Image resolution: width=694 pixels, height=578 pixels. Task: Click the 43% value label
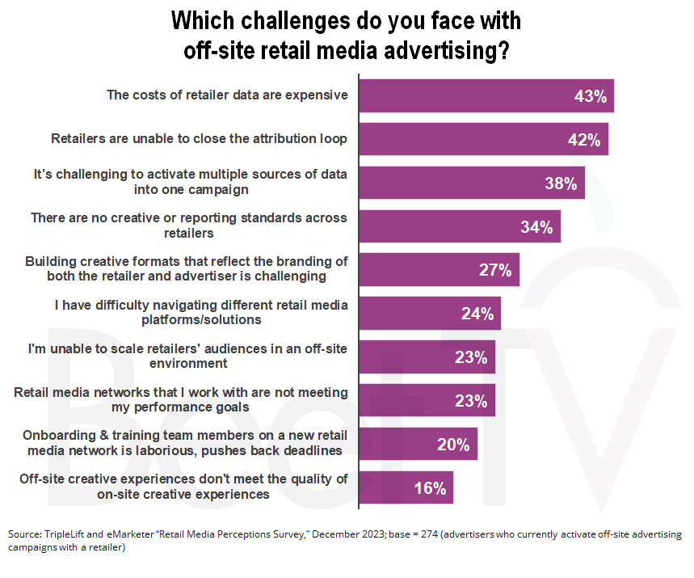pyautogui.click(x=590, y=96)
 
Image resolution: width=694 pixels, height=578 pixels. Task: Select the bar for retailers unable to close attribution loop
pyautogui.click(x=483, y=139)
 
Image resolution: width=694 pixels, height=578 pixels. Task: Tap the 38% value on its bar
pyautogui.click(x=560, y=184)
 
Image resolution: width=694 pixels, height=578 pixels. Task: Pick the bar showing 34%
pyautogui.click(x=459, y=227)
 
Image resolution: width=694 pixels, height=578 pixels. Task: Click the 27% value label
pyautogui.click(x=494, y=271)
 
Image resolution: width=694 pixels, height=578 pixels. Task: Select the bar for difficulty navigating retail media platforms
pyautogui.click(x=430, y=314)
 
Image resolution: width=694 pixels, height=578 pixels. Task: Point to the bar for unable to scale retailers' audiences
pyautogui.click(x=427, y=357)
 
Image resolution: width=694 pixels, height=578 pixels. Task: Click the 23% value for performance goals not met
pyautogui.click(x=470, y=401)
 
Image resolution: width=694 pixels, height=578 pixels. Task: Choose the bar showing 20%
pyautogui.click(x=418, y=445)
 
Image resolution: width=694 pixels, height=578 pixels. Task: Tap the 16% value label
pyautogui.click(x=429, y=488)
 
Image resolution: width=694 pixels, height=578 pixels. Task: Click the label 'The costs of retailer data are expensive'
pyautogui.click(x=227, y=95)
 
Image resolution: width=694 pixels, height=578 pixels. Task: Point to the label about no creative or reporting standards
pyautogui.click(x=188, y=226)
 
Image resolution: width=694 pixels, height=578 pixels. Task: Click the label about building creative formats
pyautogui.click(x=186, y=269)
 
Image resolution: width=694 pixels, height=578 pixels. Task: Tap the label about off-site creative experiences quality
pyautogui.click(x=183, y=487)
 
